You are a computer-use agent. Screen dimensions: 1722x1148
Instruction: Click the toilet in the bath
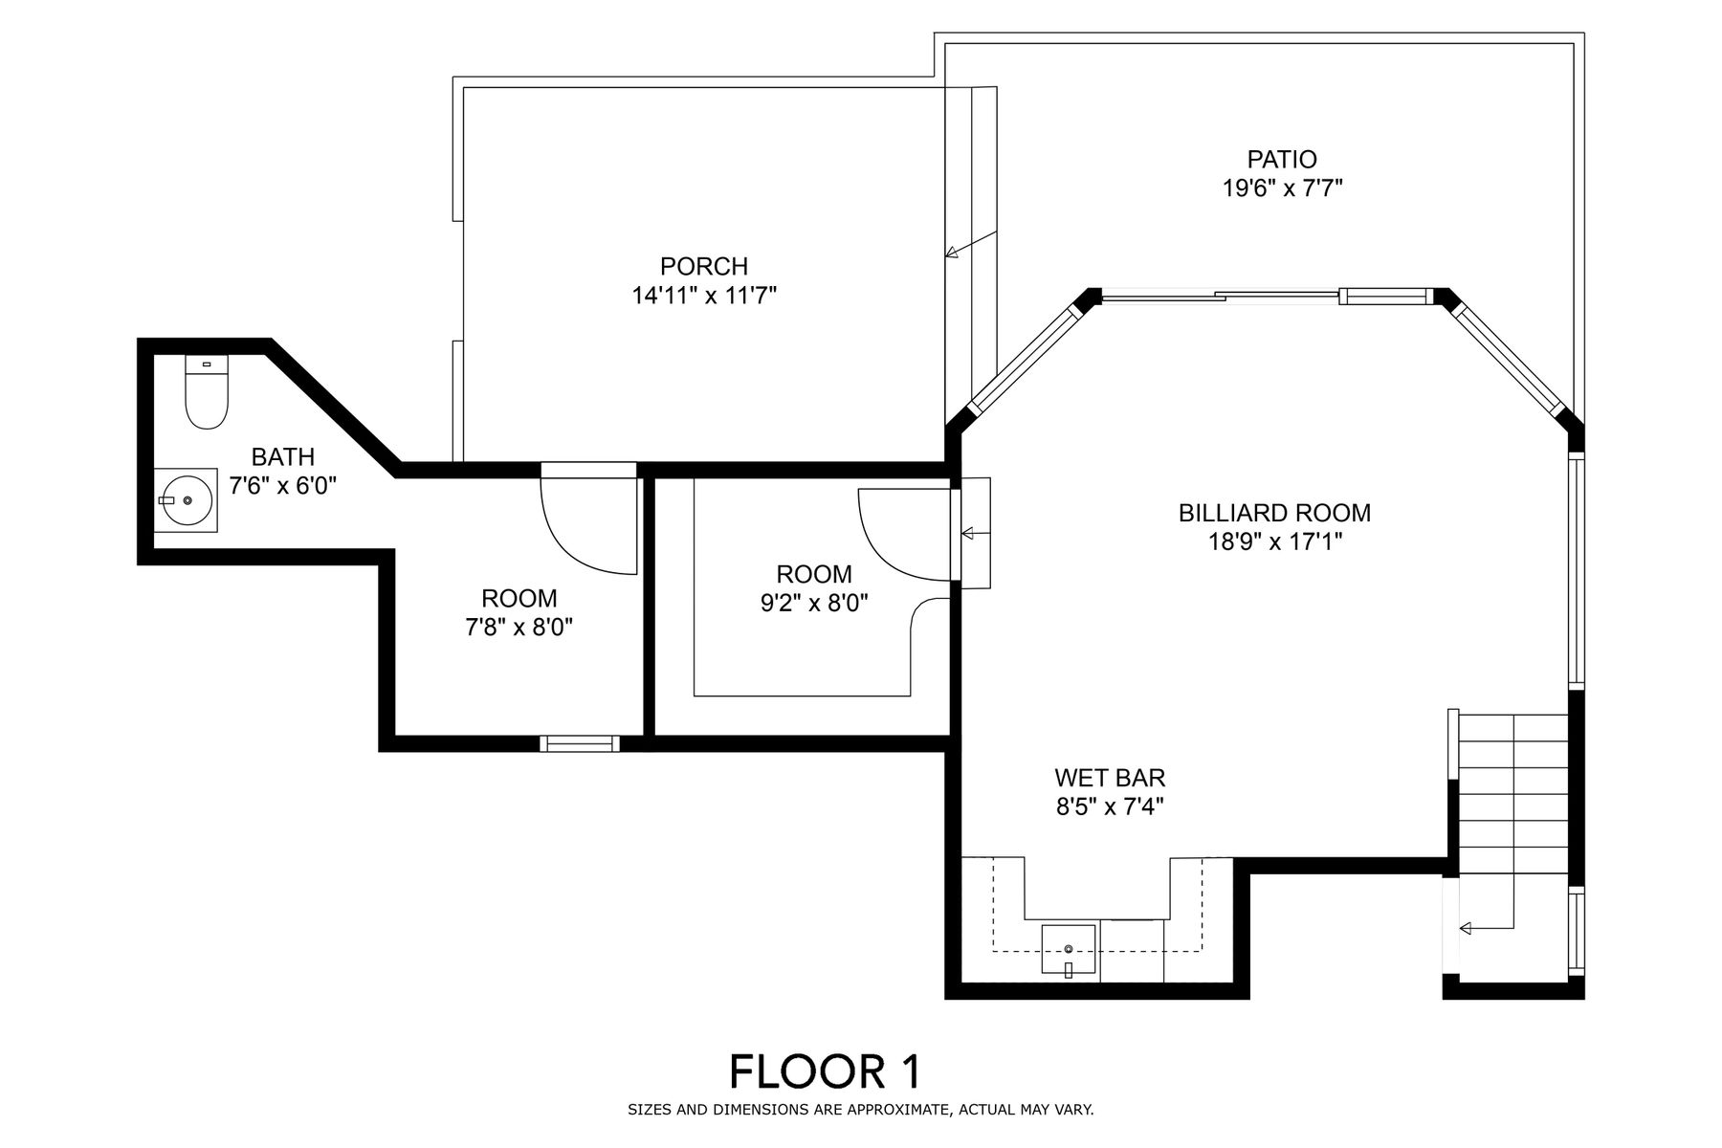point(207,391)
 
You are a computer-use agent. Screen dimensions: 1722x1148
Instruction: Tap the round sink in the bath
point(187,500)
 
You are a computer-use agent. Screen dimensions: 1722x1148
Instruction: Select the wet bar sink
point(1069,951)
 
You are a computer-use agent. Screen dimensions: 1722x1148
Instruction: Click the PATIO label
point(1282,159)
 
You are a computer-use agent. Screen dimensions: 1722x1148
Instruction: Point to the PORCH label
point(704,266)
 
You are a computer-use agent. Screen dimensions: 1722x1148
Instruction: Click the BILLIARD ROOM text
point(1274,513)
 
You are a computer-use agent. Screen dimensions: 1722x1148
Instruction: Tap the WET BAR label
point(1110,778)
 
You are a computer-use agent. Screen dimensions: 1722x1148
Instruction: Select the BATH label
point(283,457)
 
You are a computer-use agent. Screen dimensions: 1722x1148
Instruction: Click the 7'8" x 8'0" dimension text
point(519,629)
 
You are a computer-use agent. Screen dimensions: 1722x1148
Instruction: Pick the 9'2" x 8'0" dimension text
point(814,604)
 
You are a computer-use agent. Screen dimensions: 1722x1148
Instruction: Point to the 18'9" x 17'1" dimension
point(1275,542)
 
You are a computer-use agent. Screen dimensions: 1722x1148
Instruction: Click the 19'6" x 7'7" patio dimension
point(1282,188)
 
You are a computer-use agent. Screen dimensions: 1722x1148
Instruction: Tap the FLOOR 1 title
point(826,1071)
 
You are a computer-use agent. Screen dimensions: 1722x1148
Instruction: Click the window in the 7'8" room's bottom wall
point(580,743)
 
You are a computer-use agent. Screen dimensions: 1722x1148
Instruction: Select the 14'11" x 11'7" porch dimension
point(704,296)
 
